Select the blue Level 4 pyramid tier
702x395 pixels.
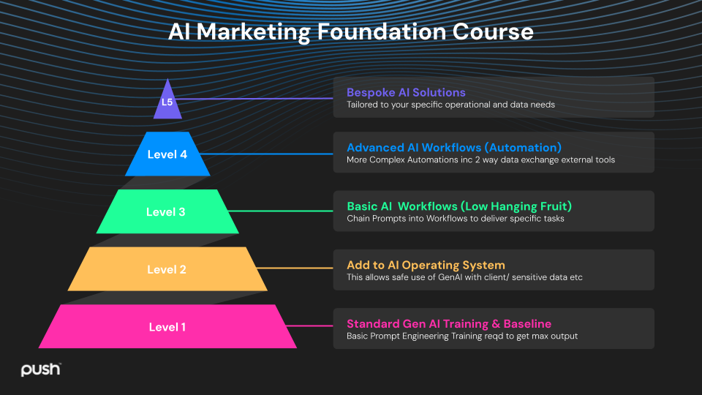click(167, 154)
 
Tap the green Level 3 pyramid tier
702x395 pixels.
click(167, 212)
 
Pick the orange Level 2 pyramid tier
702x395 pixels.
click(167, 269)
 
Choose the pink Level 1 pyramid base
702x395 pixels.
click(167, 327)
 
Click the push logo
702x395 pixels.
click(40, 369)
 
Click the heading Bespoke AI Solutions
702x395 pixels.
click(406, 93)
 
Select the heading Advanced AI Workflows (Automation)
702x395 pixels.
click(454, 148)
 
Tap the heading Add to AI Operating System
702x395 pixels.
click(426, 265)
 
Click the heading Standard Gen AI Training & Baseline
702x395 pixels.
click(449, 323)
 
